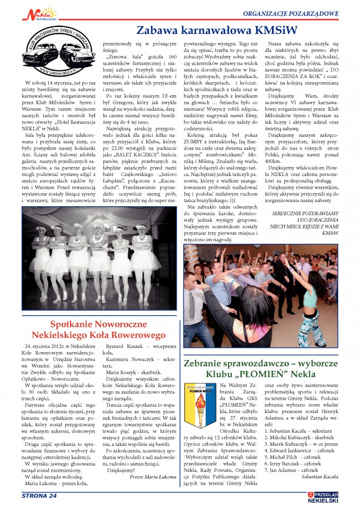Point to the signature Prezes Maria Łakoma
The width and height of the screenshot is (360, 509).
[152, 477]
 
